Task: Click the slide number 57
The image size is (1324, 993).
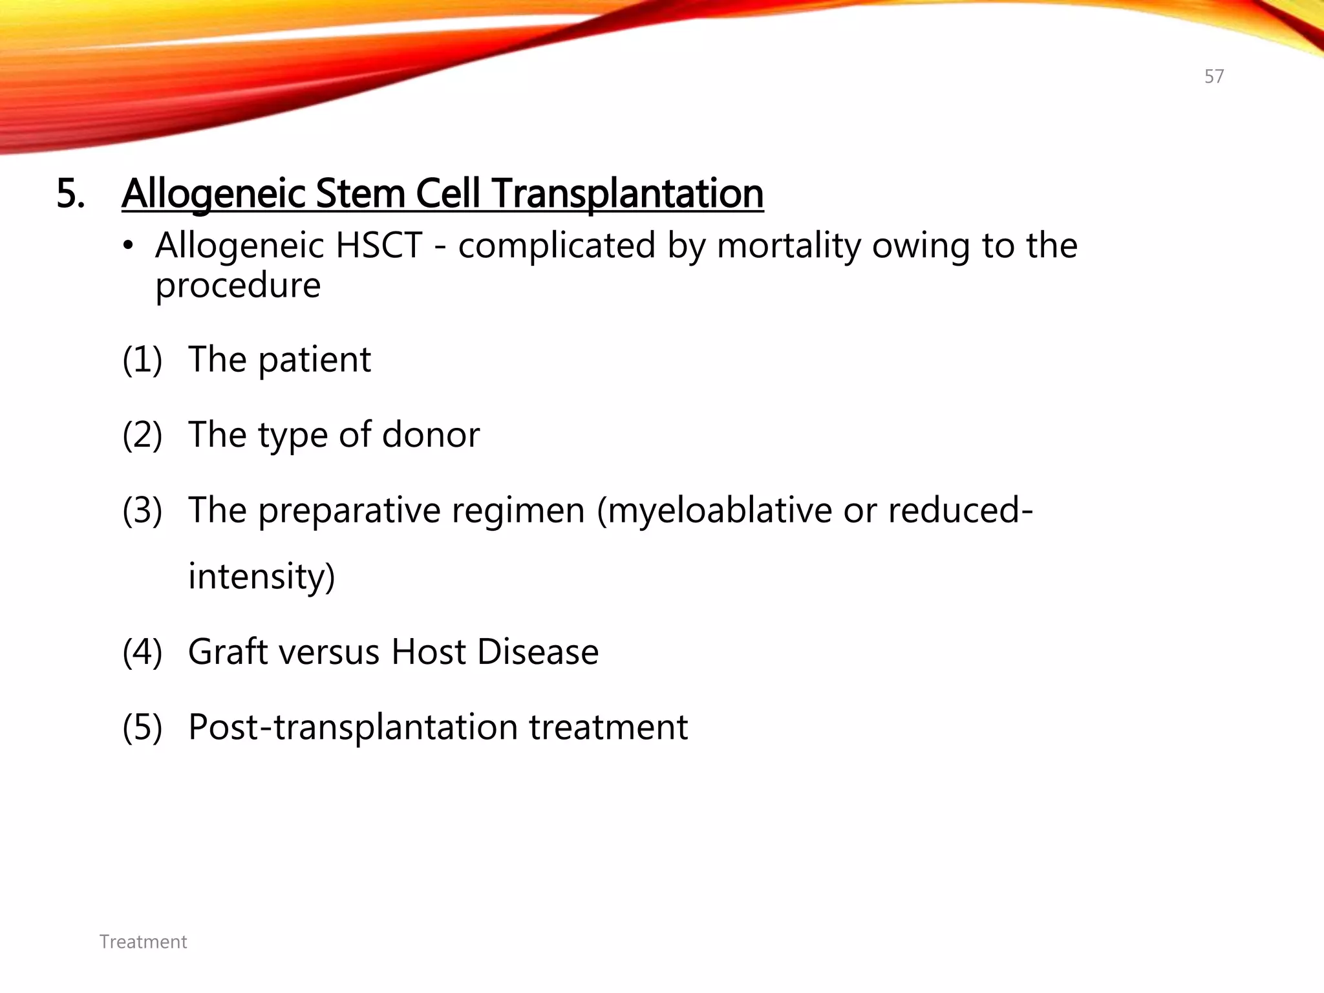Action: [1213, 76]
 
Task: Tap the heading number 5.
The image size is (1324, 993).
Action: [70, 193]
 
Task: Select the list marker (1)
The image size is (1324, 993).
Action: [142, 359]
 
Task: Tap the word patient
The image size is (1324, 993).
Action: [314, 359]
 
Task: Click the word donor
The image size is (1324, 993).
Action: [431, 434]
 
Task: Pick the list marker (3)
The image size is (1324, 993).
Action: [142, 510]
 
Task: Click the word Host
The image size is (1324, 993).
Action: [427, 652]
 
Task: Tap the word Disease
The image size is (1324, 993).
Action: [537, 652]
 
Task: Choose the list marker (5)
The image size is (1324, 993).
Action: [142, 727]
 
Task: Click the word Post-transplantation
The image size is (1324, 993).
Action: [353, 727]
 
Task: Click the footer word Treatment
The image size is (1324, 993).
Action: [143, 942]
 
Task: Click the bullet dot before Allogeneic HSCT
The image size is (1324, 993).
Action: [129, 246]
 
